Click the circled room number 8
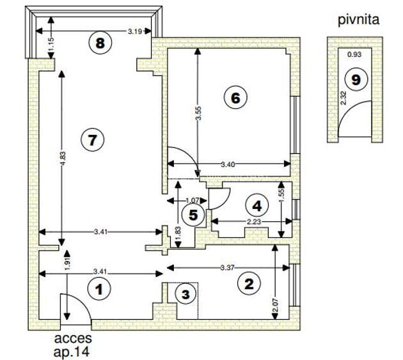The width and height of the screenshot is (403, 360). (x=100, y=43)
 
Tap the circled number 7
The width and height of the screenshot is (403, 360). (x=92, y=140)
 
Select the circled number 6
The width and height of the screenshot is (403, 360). (x=235, y=98)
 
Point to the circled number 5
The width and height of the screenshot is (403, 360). (x=193, y=215)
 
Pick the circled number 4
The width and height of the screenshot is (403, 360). (x=257, y=206)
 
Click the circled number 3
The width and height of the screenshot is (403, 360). (x=186, y=295)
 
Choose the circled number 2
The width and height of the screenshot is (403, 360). (x=249, y=284)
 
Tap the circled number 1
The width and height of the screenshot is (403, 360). (x=99, y=289)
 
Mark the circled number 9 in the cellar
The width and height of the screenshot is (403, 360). (x=356, y=80)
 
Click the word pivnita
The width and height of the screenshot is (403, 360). (x=358, y=20)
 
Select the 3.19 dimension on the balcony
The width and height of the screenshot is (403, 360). (x=135, y=31)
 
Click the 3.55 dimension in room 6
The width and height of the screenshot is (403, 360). (x=199, y=113)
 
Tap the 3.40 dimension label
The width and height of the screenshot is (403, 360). (x=228, y=164)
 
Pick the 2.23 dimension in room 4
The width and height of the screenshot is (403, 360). (x=254, y=221)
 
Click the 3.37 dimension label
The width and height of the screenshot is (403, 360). (x=228, y=268)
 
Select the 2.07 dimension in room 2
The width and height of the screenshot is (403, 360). (x=276, y=305)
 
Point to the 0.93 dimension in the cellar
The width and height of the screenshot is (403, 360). (x=354, y=54)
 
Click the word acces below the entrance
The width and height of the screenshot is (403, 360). (x=73, y=338)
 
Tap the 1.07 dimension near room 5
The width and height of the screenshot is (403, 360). (x=193, y=200)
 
